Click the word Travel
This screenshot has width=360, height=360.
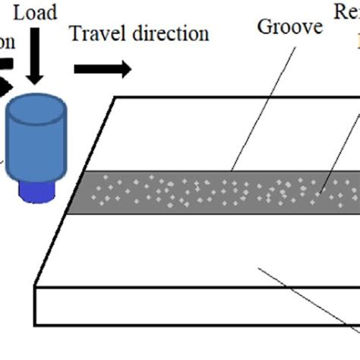pyautogui.click(x=93, y=34)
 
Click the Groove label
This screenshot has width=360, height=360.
pyautogui.click(x=289, y=28)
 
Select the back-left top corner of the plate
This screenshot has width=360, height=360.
pyautogui.click(x=115, y=97)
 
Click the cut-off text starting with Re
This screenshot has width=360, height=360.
pyautogui.click(x=346, y=11)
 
